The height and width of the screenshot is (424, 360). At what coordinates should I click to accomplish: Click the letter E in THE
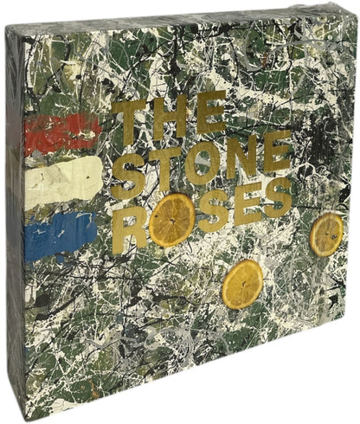(x=209, y=118)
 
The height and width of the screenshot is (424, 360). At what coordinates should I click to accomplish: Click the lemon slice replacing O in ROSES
(x=171, y=220)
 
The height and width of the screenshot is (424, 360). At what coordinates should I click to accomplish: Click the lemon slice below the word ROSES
(x=241, y=283)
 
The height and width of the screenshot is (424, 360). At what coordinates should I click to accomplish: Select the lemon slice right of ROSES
(x=326, y=234)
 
